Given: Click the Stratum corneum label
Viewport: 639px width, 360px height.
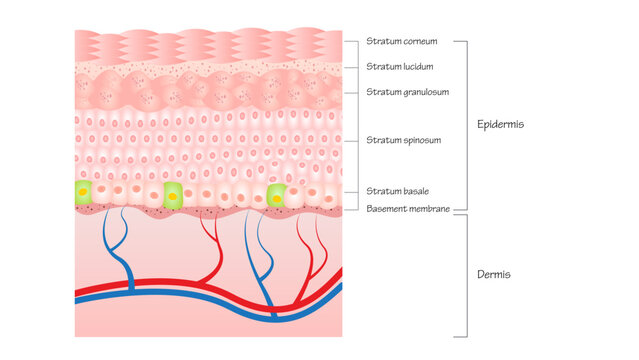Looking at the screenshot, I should click(x=401, y=42).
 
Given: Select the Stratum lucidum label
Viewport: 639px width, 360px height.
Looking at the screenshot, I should click(x=399, y=67).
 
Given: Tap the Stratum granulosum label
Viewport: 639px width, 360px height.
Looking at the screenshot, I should click(x=407, y=92).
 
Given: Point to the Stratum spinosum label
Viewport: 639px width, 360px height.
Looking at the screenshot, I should click(x=403, y=140).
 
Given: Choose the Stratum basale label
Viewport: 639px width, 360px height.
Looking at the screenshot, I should click(x=397, y=190).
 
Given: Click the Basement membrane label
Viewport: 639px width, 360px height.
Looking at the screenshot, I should click(x=408, y=208).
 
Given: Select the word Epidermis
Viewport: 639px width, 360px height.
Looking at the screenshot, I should click(x=501, y=125).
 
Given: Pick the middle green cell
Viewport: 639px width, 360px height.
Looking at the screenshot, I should click(x=173, y=194).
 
